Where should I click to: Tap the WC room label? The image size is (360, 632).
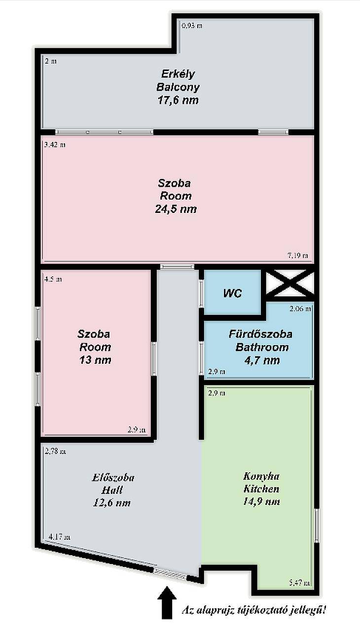pos(232,293)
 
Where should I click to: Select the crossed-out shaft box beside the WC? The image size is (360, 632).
pos(290,282)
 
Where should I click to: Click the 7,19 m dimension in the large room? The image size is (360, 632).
pos(298,256)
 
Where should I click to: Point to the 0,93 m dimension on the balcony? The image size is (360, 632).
pos(192,26)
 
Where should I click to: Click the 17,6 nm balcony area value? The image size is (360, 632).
pos(178,100)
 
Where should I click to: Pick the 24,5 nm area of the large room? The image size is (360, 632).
pos(176,209)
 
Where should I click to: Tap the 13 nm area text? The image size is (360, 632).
pos(95,360)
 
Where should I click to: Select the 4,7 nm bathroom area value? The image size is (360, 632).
pos(262,360)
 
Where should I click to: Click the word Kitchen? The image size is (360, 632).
pos(261,489)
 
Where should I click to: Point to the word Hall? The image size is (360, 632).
pos(112,490)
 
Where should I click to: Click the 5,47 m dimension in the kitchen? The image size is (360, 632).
pos(300,582)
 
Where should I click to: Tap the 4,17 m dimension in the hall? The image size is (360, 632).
pos(60,537)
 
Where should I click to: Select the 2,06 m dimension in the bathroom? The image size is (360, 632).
pos(300,309)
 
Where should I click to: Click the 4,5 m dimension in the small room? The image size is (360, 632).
pos(53,280)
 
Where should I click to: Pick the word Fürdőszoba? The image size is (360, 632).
pos(260,334)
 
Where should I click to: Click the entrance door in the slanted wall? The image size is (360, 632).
pos(170,574)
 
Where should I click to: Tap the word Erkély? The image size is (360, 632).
pos(178,74)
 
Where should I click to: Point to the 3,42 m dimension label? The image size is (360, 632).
pos(55,145)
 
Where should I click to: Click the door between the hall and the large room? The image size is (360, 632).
pos(177,267)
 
